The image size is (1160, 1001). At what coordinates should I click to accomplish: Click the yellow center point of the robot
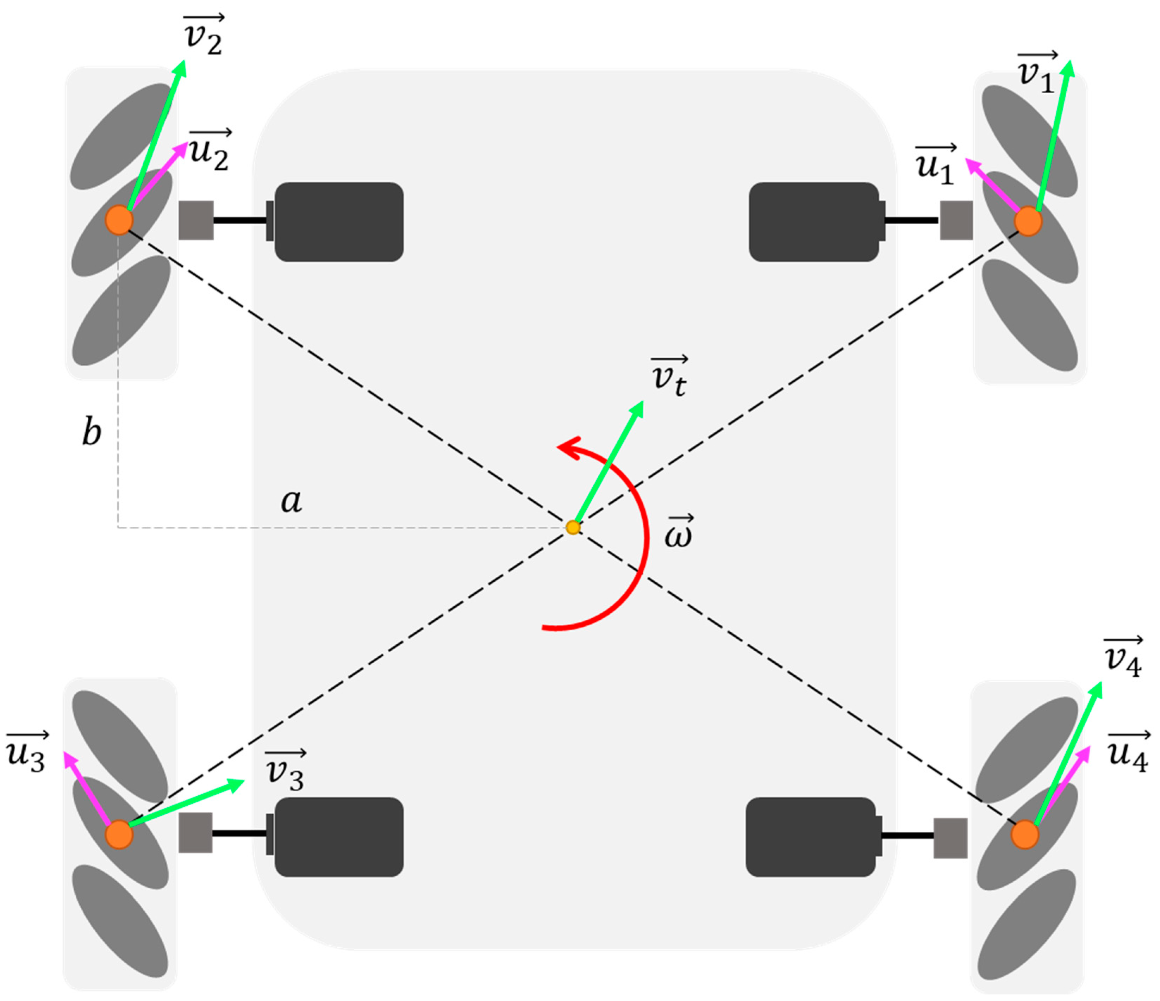pos(573,527)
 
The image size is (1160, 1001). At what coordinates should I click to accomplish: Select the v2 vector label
pos(204,36)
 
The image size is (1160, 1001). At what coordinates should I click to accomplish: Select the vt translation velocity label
pos(669,377)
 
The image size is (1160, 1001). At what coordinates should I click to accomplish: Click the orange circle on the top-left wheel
pos(119,219)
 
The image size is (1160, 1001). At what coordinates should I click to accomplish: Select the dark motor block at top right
pos(815,222)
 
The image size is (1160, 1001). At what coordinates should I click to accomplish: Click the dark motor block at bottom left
pos(339,837)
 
